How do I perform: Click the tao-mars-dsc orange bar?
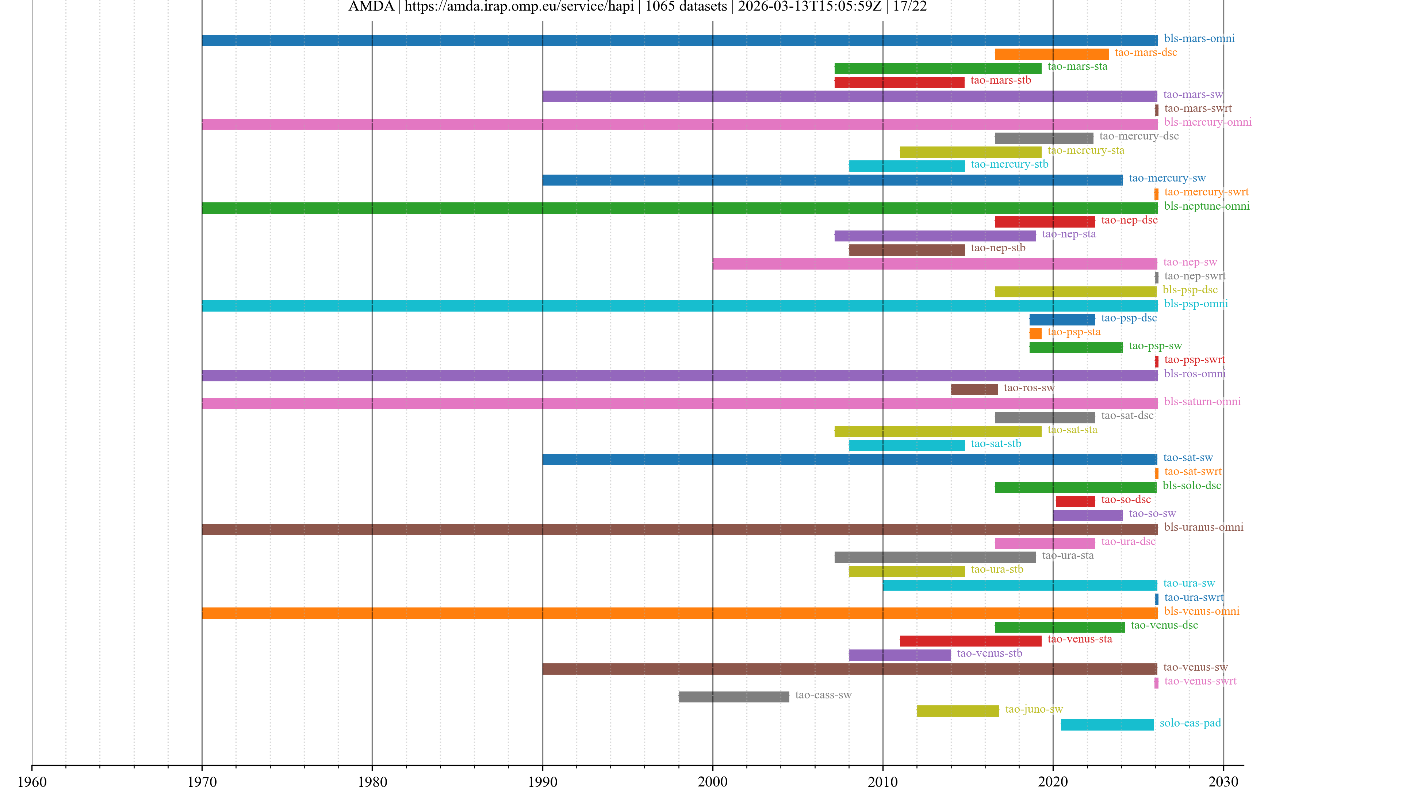click(x=1051, y=54)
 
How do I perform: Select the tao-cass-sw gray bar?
click(x=733, y=697)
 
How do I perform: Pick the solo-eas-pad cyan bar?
click(x=1107, y=725)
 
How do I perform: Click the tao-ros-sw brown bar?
click(x=974, y=389)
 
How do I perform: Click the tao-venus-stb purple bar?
click(x=899, y=655)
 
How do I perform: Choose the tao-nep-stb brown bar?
click(x=906, y=250)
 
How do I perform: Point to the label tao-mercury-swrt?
click(x=1206, y=192)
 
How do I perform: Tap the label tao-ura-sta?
click(x=1067, y=555)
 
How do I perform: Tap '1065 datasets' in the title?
click(x=686, y=7)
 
